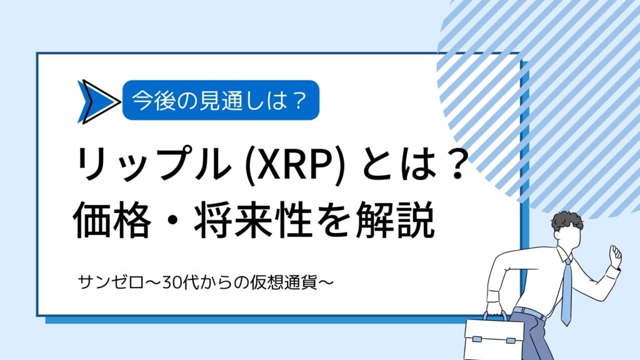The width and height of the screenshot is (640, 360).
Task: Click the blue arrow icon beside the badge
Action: point(98,102)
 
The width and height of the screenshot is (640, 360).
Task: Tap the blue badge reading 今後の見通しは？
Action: point(221,100)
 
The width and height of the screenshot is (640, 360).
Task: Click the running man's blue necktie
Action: point(566,290)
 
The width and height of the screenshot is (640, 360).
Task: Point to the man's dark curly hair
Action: point(568,222)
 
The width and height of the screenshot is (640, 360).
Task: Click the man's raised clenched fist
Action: point(616,255)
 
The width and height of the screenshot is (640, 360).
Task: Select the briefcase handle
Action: point(495,316)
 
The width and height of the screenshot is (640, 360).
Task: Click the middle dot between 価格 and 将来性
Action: point(172,222)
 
